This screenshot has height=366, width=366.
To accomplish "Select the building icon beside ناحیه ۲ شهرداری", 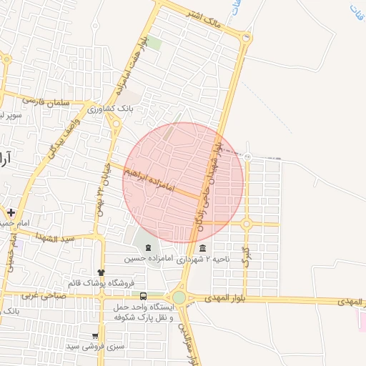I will pos(204,249).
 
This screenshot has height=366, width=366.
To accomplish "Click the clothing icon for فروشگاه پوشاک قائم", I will pos(100,272).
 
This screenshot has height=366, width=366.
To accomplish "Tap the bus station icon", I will pos(144,295).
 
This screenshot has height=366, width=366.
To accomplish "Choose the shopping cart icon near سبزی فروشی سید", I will pos(95,335).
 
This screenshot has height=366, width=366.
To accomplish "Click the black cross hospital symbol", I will pos(11,212).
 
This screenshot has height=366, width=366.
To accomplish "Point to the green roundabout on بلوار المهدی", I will pos(179,297).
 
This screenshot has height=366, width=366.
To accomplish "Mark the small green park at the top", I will pos(155,42).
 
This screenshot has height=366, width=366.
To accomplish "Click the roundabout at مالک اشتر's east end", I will pos(247,37).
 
